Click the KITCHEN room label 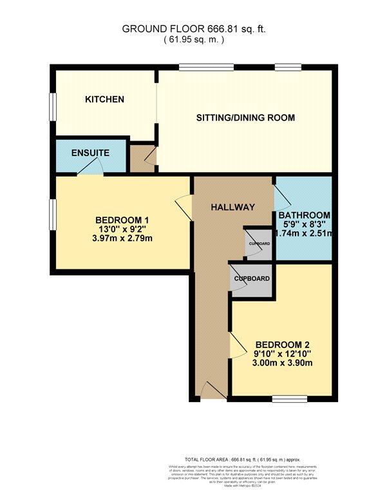pyautogui.click(x=104, y=99)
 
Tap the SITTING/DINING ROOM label pyautogui.click(x=245, y=117)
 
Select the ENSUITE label pyautogui.click(x=90, y=153)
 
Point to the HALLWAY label pyautogui.click(x=232, y=207)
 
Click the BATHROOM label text pyautogui.click(x=303, y=215)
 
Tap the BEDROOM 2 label pyautogui.click(x=283, y=344)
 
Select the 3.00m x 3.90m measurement pyautogui.click(x=283, y=363)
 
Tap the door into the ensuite pyautogui.click(x=90, y=169)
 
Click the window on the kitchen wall pyautogui.click(x=52, y=107)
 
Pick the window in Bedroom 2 pyautogui.click(x=283, y=398)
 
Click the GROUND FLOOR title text pyautogui.click(x=193, y=28)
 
